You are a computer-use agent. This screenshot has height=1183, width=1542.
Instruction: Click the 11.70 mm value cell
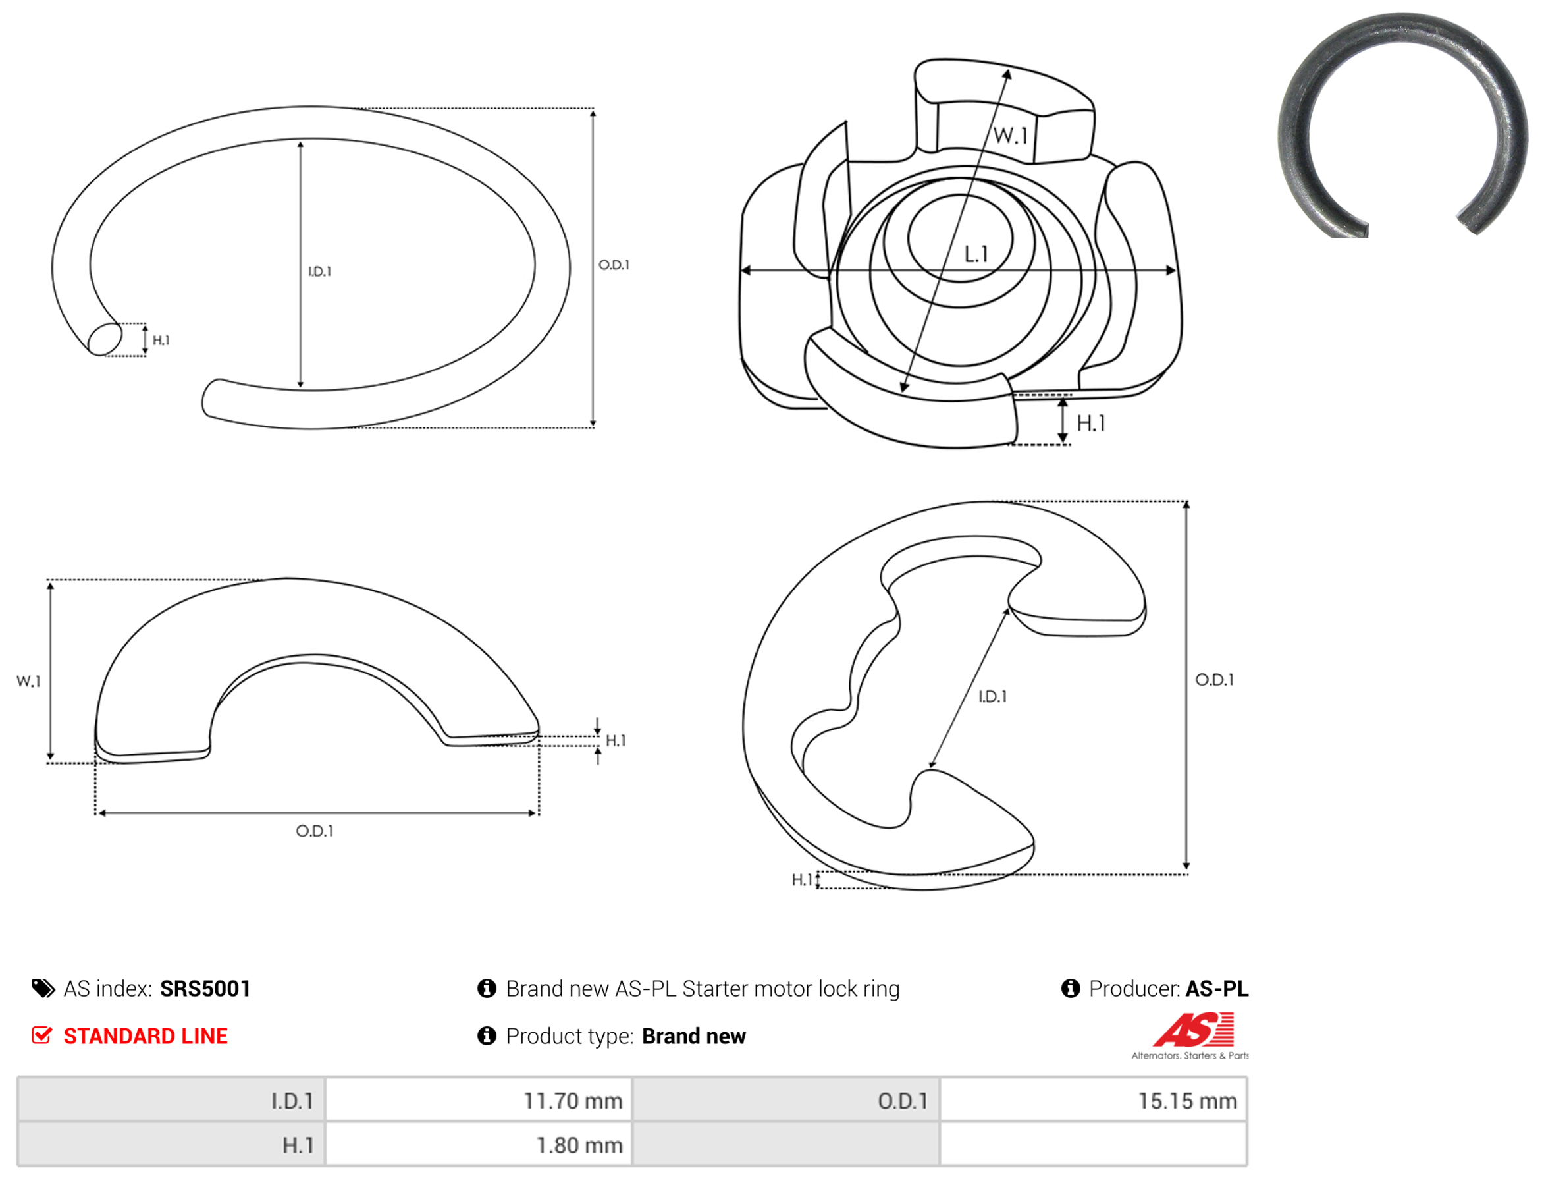(479, 1100)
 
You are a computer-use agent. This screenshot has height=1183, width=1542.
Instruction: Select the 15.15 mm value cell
(1093, 1100)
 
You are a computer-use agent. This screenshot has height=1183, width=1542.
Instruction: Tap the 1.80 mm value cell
(479, 1144)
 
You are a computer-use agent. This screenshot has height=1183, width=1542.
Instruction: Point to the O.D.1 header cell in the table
(785, 1100)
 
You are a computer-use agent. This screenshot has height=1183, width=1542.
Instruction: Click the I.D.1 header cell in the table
(171, 1100)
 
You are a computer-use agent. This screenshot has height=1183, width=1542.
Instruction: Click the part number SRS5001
(205, 988)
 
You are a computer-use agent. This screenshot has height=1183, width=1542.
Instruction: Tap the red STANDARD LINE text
(146, 1035)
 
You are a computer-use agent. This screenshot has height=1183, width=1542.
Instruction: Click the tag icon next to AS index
(43, 988)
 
